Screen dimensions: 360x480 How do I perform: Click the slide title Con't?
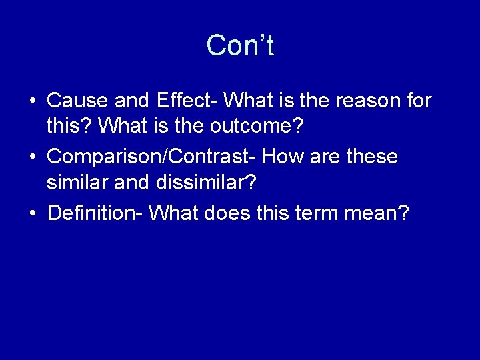pyautogui.click(x=240, y=46)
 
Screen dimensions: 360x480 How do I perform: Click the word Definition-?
pyautogui.click(x=95, y=213)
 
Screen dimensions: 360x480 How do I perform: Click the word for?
pyautogui.click(x=419, y=101)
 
